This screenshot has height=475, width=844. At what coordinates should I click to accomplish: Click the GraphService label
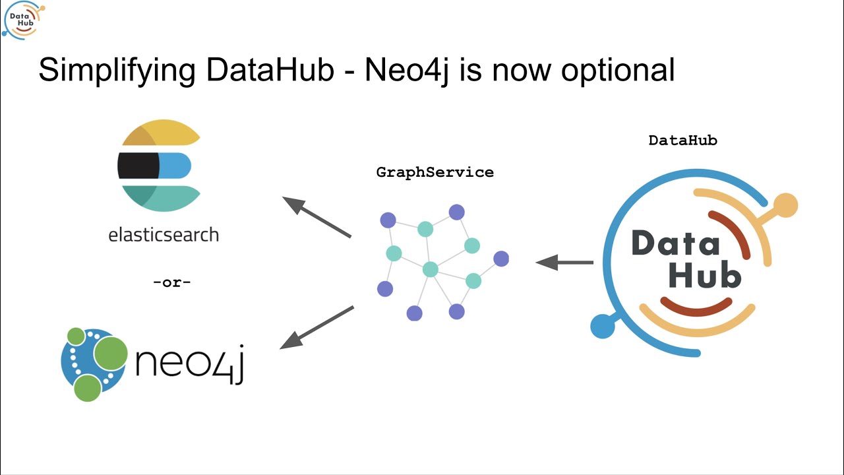[x=435, y=172]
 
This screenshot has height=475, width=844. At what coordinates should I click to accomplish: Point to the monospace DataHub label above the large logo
[x=682, y=140]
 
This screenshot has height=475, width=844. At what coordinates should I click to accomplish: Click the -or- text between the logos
[x=171, y=282]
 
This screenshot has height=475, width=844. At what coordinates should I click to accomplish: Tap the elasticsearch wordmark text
[x=164, y=234]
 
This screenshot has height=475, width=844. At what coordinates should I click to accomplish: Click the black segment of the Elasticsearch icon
[x=138, y=166]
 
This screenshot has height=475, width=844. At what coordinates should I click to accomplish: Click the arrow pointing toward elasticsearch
[x=316, y=216]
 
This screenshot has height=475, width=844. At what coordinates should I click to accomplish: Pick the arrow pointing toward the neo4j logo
[x=317, y=327]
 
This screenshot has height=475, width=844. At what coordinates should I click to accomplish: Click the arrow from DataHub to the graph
[x=564, y=263]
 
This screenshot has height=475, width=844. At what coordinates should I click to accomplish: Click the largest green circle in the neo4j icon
[x=110, y=353]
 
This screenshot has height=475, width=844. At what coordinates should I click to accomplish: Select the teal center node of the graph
[x=430, y=269]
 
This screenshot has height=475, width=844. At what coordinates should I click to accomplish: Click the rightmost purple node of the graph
[x=501, y=259]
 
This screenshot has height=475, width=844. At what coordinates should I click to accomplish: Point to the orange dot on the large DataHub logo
[x=785, y=205]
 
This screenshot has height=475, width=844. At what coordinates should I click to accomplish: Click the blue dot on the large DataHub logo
[x=602, y=326]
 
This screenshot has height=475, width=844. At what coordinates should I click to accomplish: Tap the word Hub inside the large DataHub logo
[x=704, y=276]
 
